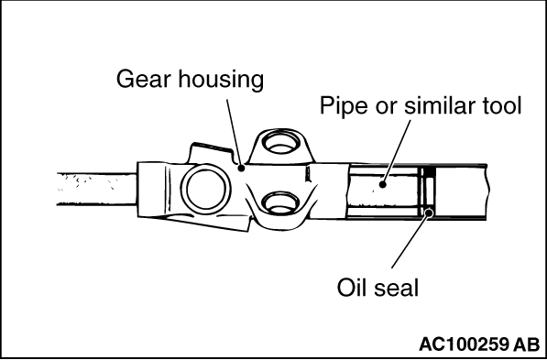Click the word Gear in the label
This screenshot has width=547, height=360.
coord(144,80)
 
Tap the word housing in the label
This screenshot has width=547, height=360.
coord(221,81)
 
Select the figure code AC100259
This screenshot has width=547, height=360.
coord(464,344)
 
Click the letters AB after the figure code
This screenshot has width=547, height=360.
coord(527,344)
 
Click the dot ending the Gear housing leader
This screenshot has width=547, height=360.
coord(241,168)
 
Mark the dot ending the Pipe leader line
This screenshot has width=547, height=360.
coord(383,184)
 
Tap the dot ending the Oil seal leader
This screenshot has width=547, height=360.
coord(430,212)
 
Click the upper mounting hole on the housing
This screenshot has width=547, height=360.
coord(280,144)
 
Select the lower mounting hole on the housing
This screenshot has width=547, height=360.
coord(280,202)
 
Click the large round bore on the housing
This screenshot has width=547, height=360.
coord(205,189)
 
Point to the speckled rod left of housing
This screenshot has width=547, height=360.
coord(96,189)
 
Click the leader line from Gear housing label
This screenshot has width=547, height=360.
coord(234,132)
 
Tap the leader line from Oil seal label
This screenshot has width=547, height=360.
coord(410,240)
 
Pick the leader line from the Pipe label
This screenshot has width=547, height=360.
coord(397,151)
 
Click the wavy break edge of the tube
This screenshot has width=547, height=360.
coord(487,191)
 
